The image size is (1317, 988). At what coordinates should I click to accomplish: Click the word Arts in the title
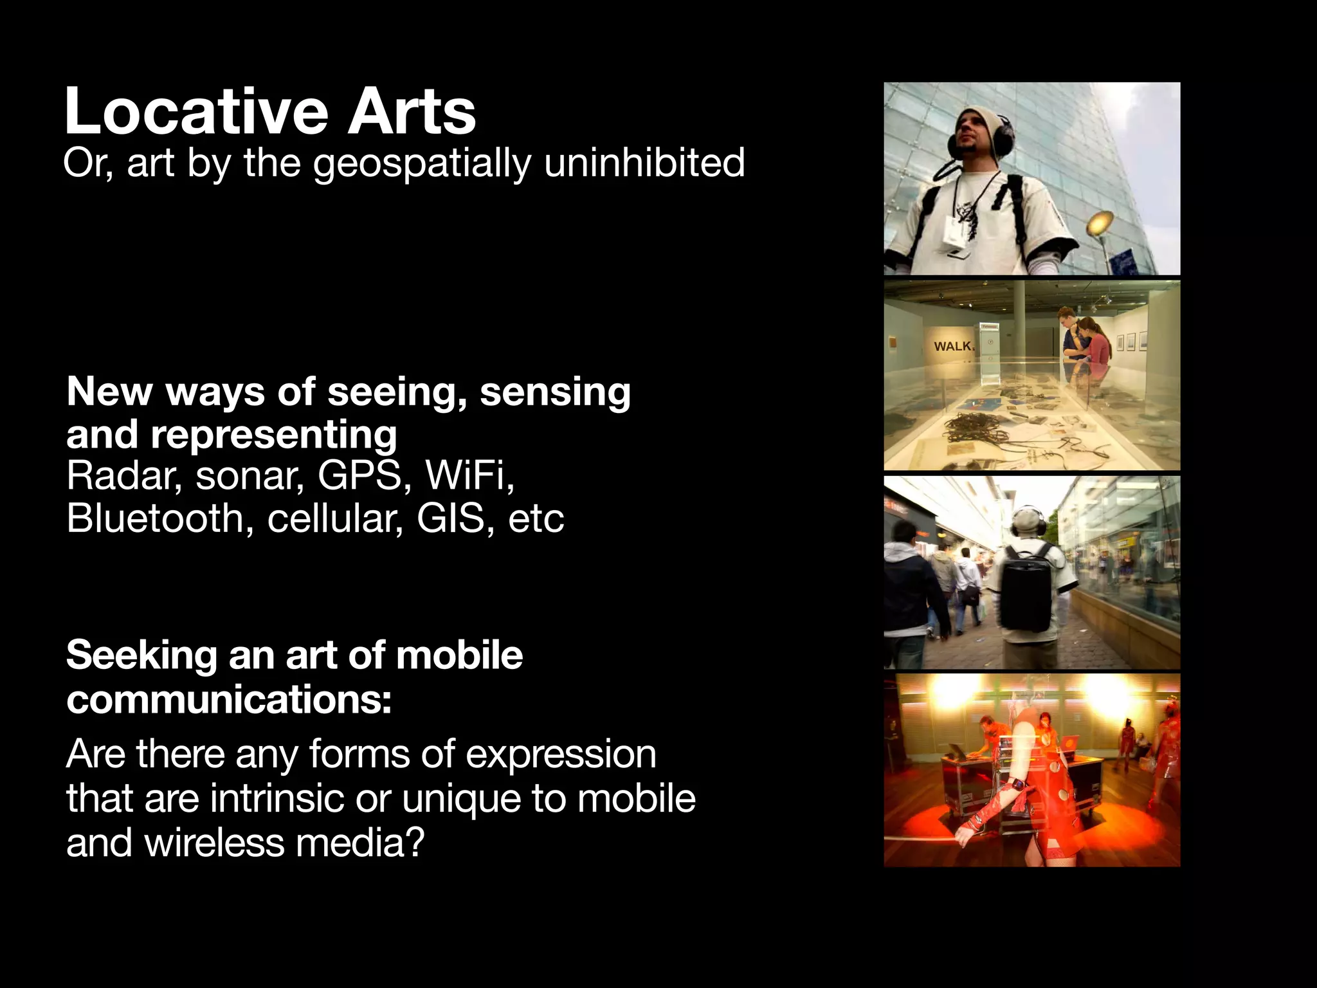click(x=412, y=112)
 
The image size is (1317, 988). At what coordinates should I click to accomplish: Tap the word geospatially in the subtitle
click(x=422, y=163)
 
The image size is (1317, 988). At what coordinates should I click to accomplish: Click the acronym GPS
click(x=359, y=476)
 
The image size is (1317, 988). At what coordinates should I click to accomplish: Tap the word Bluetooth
click(x=154, y=518)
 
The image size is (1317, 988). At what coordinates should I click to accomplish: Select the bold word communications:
click(x=229, y=700)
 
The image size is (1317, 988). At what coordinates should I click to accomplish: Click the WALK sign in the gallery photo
click(x=954, y=346)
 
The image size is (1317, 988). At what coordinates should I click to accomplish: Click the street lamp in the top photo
click(x=1100, y=223)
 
